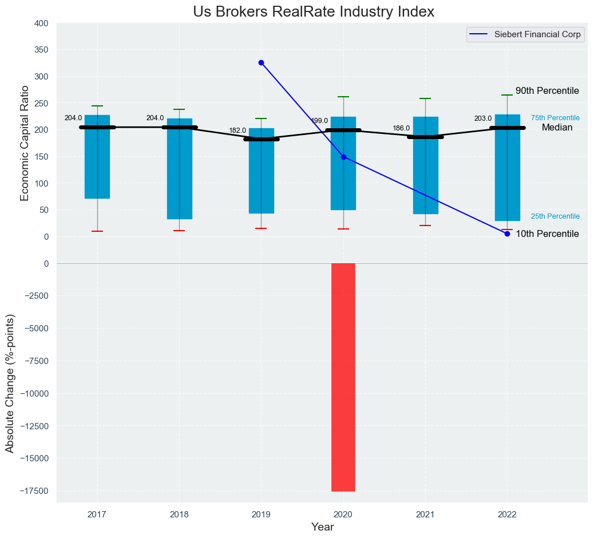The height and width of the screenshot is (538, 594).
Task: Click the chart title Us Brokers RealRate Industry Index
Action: click(x=314, y=12)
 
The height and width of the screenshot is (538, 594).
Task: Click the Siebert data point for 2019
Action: click(x=261, y=62)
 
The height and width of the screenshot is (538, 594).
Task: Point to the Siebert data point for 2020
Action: click(x=343, y=157)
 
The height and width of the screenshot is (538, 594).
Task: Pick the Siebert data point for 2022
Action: click(x=507, y=234)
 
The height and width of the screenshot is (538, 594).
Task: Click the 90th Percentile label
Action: click(x=547, y=91)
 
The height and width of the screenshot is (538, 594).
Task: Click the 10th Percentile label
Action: click(x=547, y=234)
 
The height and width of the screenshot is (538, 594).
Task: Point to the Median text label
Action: click(x=557, y=128)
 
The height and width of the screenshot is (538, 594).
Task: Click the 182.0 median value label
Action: click(x=237, y=130)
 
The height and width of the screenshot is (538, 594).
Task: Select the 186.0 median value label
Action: click(x=401, y=128)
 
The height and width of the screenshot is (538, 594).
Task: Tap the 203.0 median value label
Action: click(x=483, y=118)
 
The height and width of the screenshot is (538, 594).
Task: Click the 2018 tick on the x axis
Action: click(x=179, y=515)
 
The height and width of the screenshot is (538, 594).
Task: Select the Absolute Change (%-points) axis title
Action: click(x=10, y=383)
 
